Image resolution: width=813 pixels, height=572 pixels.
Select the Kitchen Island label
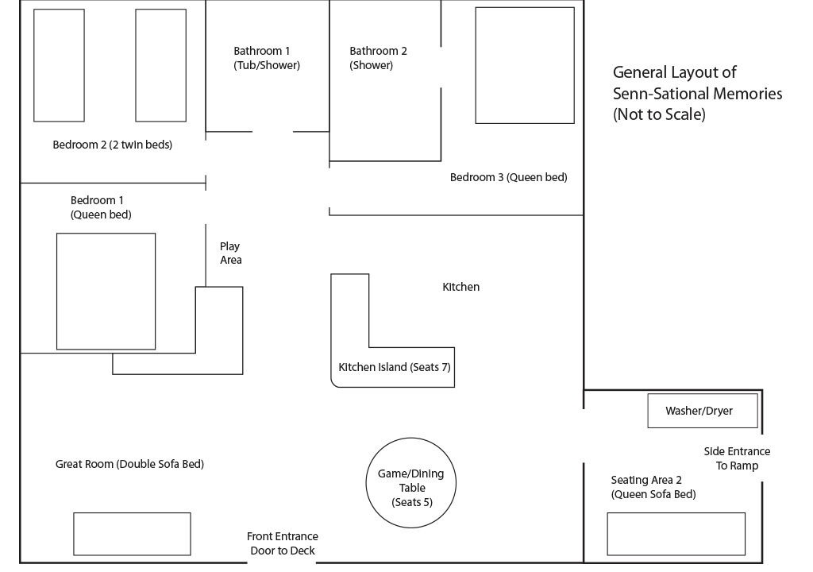coord(394,367)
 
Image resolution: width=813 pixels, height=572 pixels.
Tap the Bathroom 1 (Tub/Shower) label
coord(267,58)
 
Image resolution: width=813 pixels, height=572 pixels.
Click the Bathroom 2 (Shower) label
coord(378,58)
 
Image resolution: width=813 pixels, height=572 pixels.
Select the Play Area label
coord(231,253)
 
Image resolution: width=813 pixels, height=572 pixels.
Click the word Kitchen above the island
coord(461,287)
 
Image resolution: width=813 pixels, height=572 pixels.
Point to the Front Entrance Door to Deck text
coord(283,543)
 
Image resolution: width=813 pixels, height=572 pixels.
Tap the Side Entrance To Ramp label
coord(737,458)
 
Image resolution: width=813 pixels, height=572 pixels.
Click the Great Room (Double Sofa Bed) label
coord(129,464)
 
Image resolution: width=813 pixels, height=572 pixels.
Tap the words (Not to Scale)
coord(659,114)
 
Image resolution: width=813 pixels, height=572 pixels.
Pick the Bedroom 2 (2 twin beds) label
coord(113,145)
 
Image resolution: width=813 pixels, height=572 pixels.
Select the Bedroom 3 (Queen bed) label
coord(509,177)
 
